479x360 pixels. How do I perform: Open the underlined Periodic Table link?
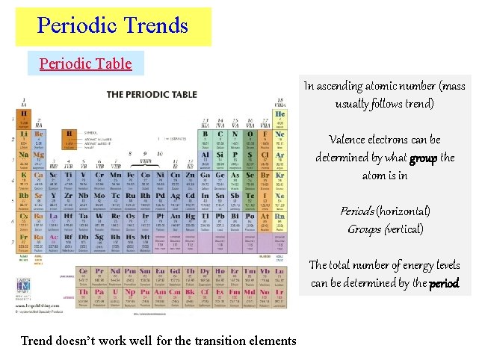[85, 63]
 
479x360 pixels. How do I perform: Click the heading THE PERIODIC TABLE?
[153, 94]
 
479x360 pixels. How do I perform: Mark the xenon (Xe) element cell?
[279, 199]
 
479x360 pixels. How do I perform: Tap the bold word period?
[444, 283]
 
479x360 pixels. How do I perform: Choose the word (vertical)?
[404, 229]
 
